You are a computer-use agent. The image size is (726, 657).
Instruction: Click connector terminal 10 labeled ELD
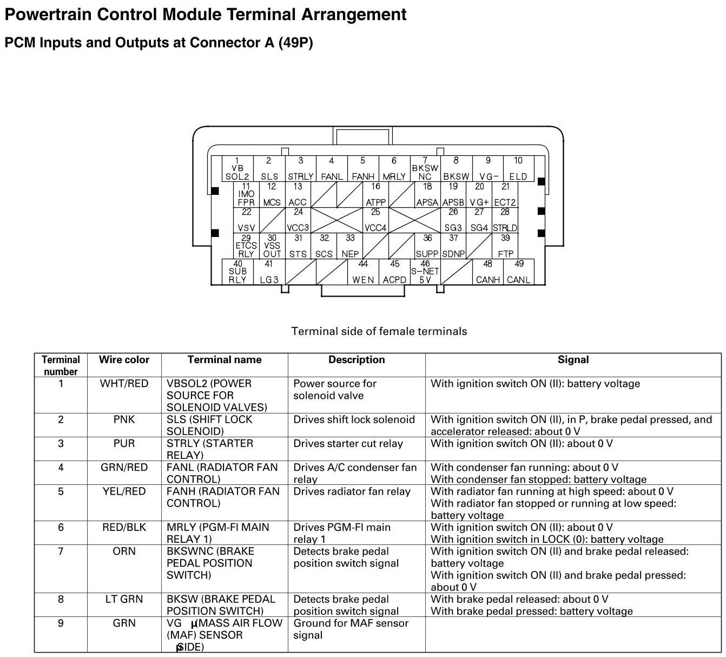[x=518, y=169]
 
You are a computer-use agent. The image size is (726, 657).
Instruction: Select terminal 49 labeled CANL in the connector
[x=518, y=272]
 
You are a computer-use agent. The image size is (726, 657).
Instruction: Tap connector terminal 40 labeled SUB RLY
[x=237, y=272]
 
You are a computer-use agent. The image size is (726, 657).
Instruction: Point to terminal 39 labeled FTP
[x=505, y=246]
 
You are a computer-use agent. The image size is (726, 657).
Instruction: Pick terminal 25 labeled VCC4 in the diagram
[x=375, y=220]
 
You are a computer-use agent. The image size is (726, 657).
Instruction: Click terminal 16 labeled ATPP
[x=375, y=195]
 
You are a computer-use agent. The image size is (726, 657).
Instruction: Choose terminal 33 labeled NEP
[x=350, y=246]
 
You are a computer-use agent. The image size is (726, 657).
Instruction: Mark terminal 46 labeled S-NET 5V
[x=425, y=272]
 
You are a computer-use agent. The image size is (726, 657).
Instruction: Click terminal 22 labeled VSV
[x=246, y=220]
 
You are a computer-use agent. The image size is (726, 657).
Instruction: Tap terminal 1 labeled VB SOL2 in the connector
[x=237, y=169]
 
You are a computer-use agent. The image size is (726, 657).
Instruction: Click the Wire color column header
[x=124, y=360]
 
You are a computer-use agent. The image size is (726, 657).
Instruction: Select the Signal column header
[x=573, y=360]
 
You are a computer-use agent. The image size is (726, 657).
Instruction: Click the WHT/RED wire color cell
[x=124, y=384]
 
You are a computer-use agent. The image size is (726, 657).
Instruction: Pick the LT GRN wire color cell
[x=124, y=599]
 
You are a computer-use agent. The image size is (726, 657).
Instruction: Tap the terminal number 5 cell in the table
[x=61, y=491]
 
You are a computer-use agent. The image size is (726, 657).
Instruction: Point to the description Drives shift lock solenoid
[x=354, y=419]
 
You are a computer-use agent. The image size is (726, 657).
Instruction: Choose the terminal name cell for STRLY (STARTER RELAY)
[x=210, y=449]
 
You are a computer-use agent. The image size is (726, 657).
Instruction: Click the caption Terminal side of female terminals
[x=379, y=331]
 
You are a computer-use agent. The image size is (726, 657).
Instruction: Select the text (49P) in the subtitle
[x=295, y=43]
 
